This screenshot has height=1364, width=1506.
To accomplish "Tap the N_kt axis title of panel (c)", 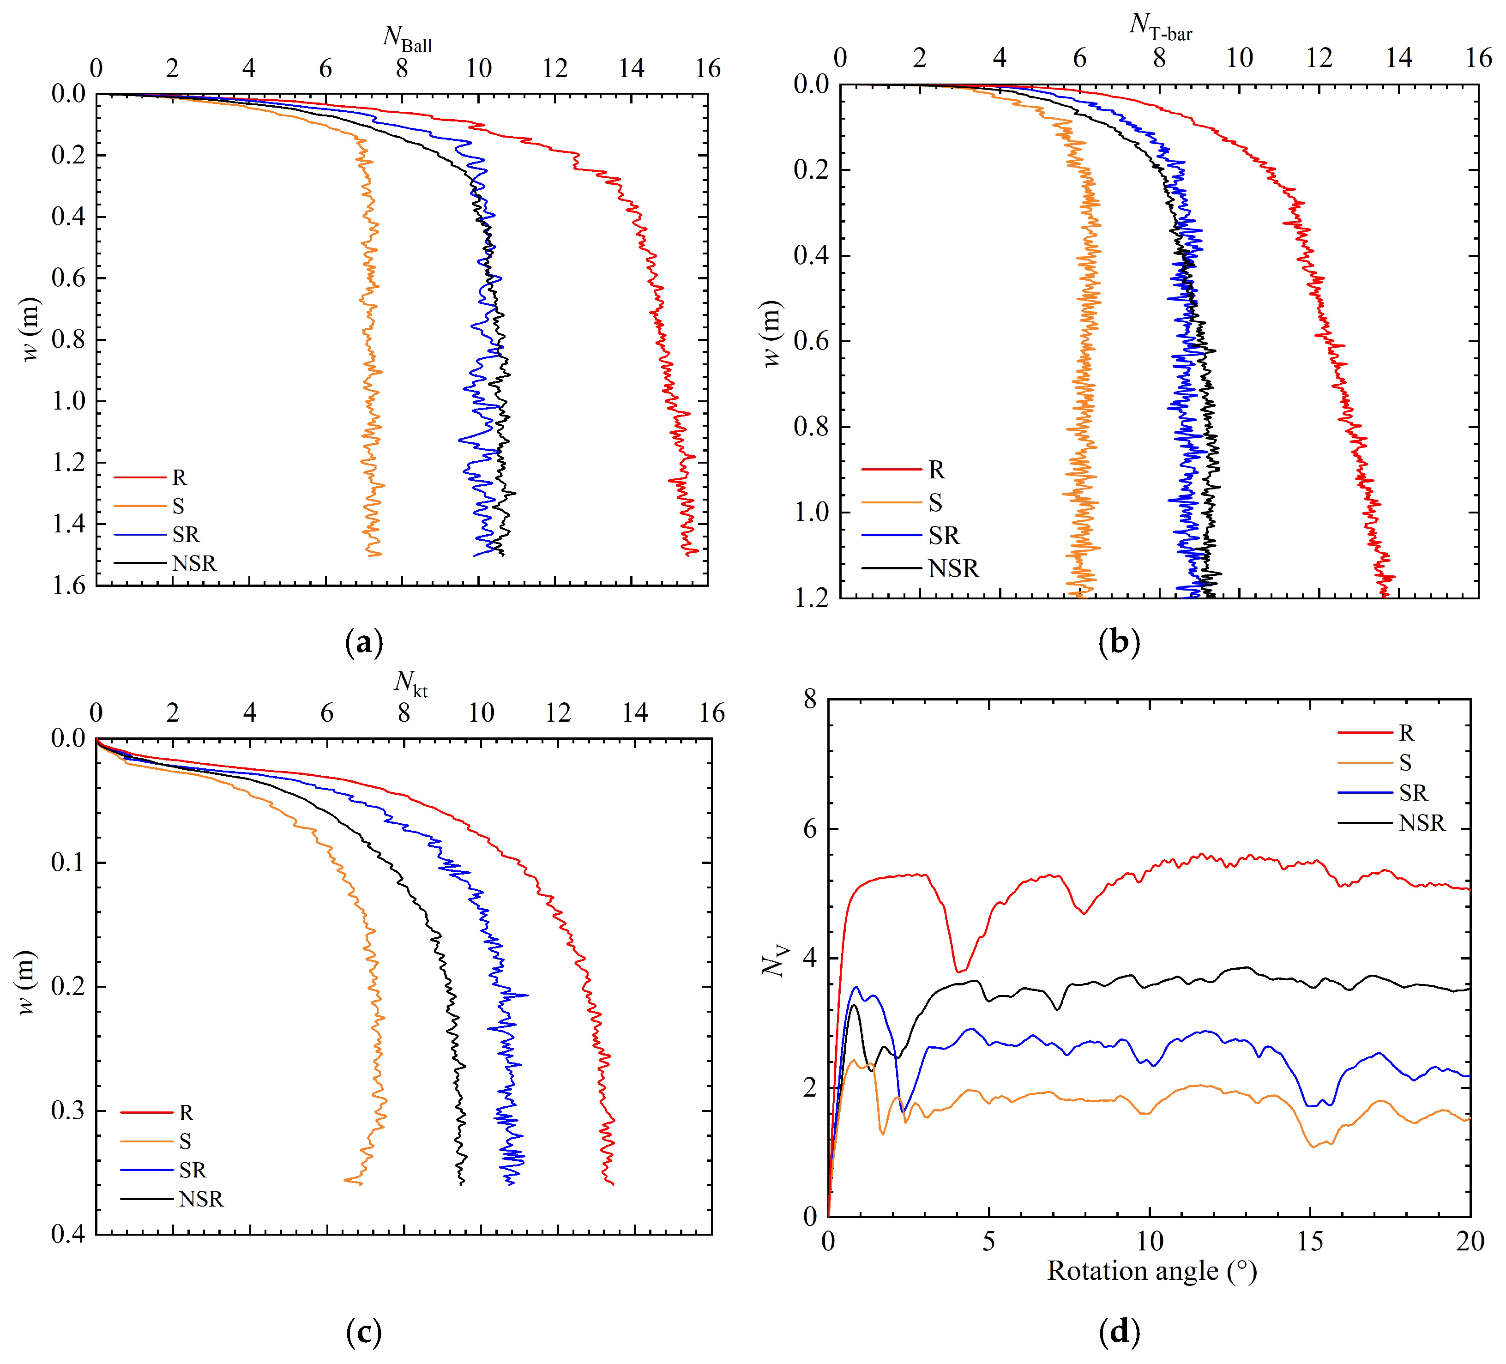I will pos(410,682).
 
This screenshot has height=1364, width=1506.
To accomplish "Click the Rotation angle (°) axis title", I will pos(1151,1271).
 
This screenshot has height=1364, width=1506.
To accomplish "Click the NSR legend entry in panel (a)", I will pos(193,563).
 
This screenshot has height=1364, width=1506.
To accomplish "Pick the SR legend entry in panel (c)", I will pos(192,1170).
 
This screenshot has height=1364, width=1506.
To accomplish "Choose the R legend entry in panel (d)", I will pos(1406,733).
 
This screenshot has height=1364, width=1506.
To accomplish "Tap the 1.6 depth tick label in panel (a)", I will pos(69,585).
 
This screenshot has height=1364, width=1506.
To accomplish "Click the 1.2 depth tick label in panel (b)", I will pos(811,598).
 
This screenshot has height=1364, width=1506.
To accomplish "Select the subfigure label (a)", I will pos(364,642).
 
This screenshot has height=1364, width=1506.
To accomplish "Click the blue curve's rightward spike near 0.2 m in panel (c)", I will pos(527,995).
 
